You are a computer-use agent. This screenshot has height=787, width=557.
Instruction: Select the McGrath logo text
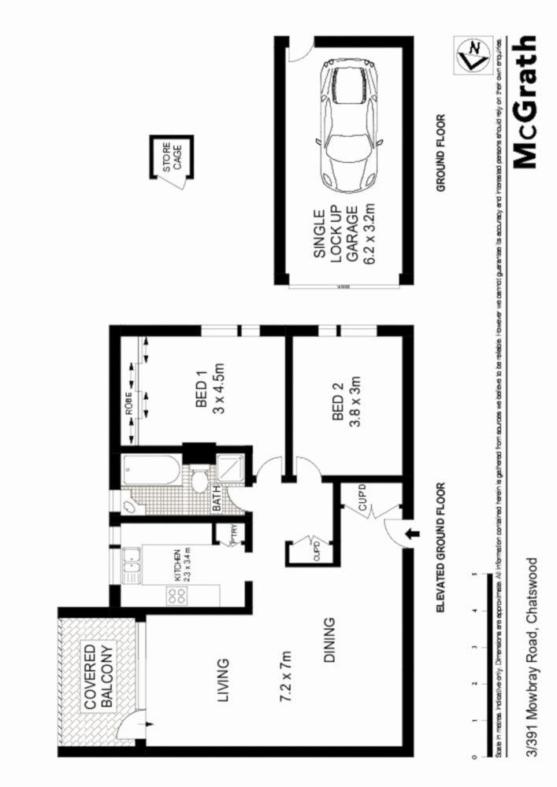(526, 102)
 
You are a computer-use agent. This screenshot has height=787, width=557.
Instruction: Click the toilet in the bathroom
(201, 481)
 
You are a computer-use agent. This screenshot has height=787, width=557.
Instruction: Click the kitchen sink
(132, 567)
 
